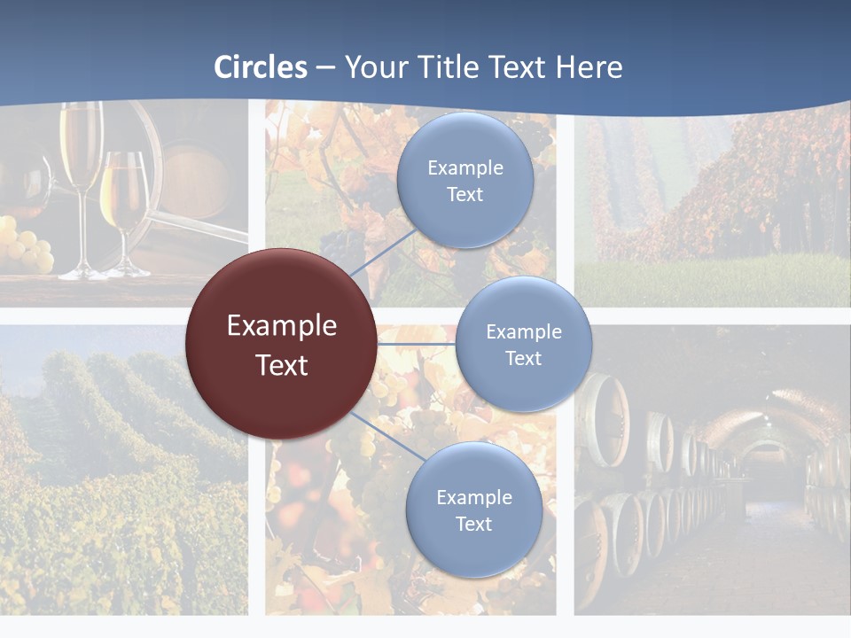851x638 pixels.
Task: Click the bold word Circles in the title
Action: coord(261,67)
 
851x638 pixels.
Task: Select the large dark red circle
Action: coord(281,344)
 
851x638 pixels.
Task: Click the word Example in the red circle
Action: coord(281,325)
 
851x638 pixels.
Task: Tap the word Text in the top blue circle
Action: coord(465,195)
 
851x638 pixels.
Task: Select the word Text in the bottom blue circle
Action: coord(473,524)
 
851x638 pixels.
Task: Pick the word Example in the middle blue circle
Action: coord(523,331)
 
